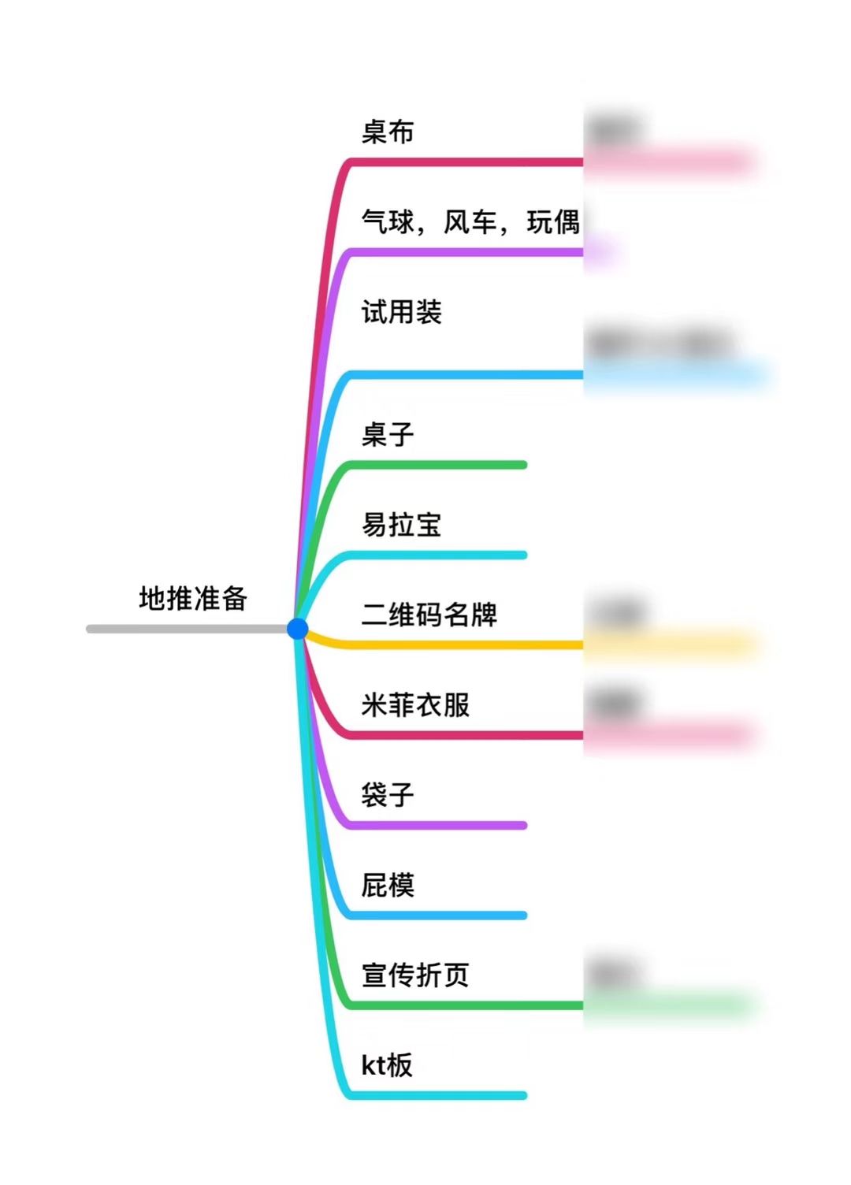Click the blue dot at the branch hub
[x=297, y=628]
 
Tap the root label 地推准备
[x=193, y=599]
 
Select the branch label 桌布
[x=388, y=132]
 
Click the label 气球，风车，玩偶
[x=470, y=222]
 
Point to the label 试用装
[x=402, y=312]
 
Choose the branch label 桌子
[x=388, y=434]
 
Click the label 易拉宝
[x=402, y=524]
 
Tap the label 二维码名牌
[x=429, y=615]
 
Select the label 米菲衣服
[x=415, y=704]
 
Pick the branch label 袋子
[x=388, y=794]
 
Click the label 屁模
[x=388, y=885]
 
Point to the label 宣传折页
[x=415, y=975]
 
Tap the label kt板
[x=387, y=1065]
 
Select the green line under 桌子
[x=441, y=465]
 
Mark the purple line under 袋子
[x=441, y=825]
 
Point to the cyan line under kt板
[x=441, y=1095]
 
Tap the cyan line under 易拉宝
[x=441, y=555]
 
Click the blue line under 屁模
[x=441, y=916]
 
